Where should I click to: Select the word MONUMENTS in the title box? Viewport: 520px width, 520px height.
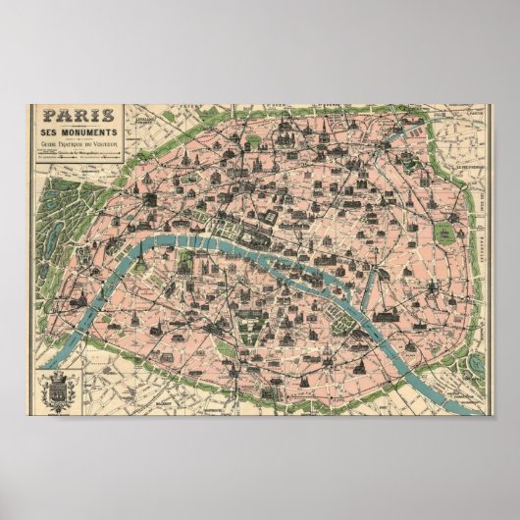click(76, 131)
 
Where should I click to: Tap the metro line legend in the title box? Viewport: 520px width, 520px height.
click(75, 156)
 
